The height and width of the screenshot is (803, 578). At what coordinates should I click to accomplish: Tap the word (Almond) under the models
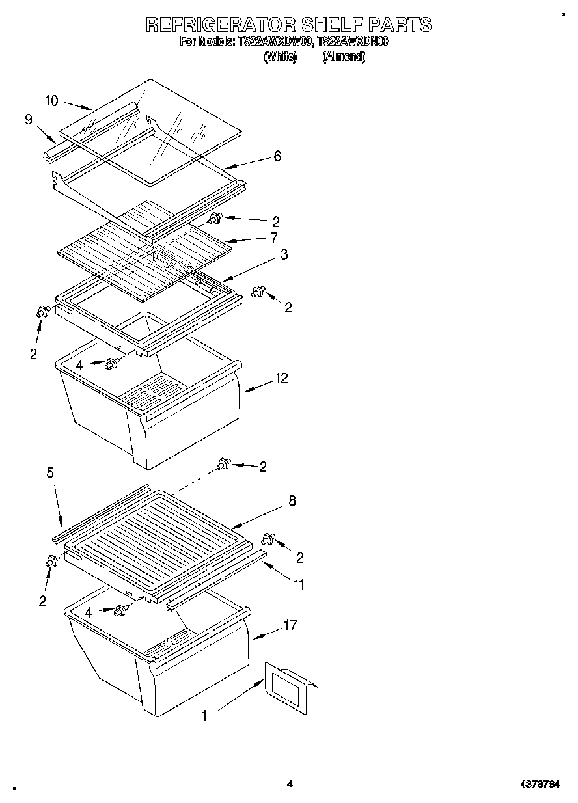click(344, 57)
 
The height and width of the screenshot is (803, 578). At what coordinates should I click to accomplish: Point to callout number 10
click(51, 101)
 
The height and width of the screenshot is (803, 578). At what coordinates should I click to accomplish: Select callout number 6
click(277, 156)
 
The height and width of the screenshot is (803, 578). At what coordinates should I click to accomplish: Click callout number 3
click(284, 254)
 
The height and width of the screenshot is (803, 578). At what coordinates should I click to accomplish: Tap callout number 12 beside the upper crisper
click(281, 378)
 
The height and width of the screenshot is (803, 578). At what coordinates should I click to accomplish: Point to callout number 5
click(50, 473)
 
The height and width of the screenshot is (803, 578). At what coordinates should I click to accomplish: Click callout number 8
click(292, 500)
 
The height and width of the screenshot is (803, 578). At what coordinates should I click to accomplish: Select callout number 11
click(299, 584)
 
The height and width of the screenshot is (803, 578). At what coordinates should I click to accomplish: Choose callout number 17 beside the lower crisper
click(290, 625)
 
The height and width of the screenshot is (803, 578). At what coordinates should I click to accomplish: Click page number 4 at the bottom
click(290, 784)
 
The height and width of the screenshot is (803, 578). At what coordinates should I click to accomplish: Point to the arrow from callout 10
click(77, 105)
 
